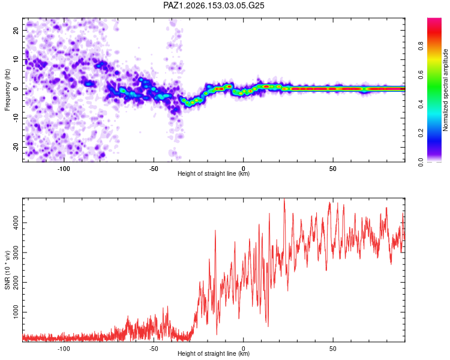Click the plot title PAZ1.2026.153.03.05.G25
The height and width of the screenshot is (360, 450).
(x=214, y=5)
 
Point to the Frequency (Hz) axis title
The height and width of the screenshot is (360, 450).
(x=7, y=90)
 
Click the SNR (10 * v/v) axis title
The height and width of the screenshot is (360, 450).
(x=7, y=270)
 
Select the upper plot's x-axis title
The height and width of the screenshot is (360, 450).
(x=214, y=173)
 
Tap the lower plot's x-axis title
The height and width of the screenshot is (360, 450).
(x=214, y=353)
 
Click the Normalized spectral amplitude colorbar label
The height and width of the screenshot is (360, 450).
(x=445, y=90)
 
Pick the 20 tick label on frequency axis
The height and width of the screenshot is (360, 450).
(x=16, y=30)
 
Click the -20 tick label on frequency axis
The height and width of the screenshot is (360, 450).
(x=16, y=147)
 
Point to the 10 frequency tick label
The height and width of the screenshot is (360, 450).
(x=16, y=59)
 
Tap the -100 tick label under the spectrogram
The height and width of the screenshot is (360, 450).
(x=64, y=169)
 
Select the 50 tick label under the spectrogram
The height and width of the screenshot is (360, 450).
(x=333, y=169)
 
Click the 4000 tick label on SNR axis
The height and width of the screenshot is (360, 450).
(x=16, y=223)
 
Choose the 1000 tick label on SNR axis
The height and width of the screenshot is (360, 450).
(x=16, y=312)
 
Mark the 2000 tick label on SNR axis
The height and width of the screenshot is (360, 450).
(x=16, y=282)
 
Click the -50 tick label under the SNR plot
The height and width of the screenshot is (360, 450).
(x=154, y=349)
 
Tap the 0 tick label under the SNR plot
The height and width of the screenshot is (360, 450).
(x=244, y=349)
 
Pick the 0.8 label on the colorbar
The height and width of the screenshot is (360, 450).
(x=421, y=46)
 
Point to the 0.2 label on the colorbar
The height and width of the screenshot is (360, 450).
(x=421, y=133)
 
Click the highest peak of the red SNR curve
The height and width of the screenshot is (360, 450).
(x=284, y=199)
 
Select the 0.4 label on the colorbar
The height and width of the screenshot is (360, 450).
(x=421, y=104)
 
